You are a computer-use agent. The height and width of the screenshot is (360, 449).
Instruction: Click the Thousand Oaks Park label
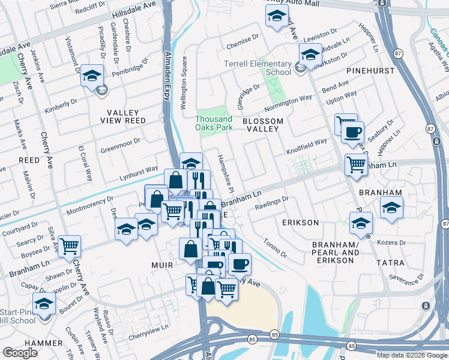point(213,123)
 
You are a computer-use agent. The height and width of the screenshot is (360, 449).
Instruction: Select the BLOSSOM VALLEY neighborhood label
point(261,124)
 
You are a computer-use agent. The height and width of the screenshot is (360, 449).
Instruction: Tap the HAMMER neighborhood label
point(45,343)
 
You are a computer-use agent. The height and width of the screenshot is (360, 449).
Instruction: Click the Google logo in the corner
point(20,353)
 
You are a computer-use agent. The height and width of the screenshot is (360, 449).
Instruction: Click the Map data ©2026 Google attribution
point(412,355)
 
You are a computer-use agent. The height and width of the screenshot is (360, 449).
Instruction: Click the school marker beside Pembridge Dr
point(92,76)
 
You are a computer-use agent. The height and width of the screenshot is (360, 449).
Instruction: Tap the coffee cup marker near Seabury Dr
point(352,132)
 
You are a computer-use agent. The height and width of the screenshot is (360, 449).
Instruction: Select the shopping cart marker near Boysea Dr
point(70,246)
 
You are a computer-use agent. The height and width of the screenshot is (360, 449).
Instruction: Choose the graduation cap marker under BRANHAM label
point(391,209)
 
